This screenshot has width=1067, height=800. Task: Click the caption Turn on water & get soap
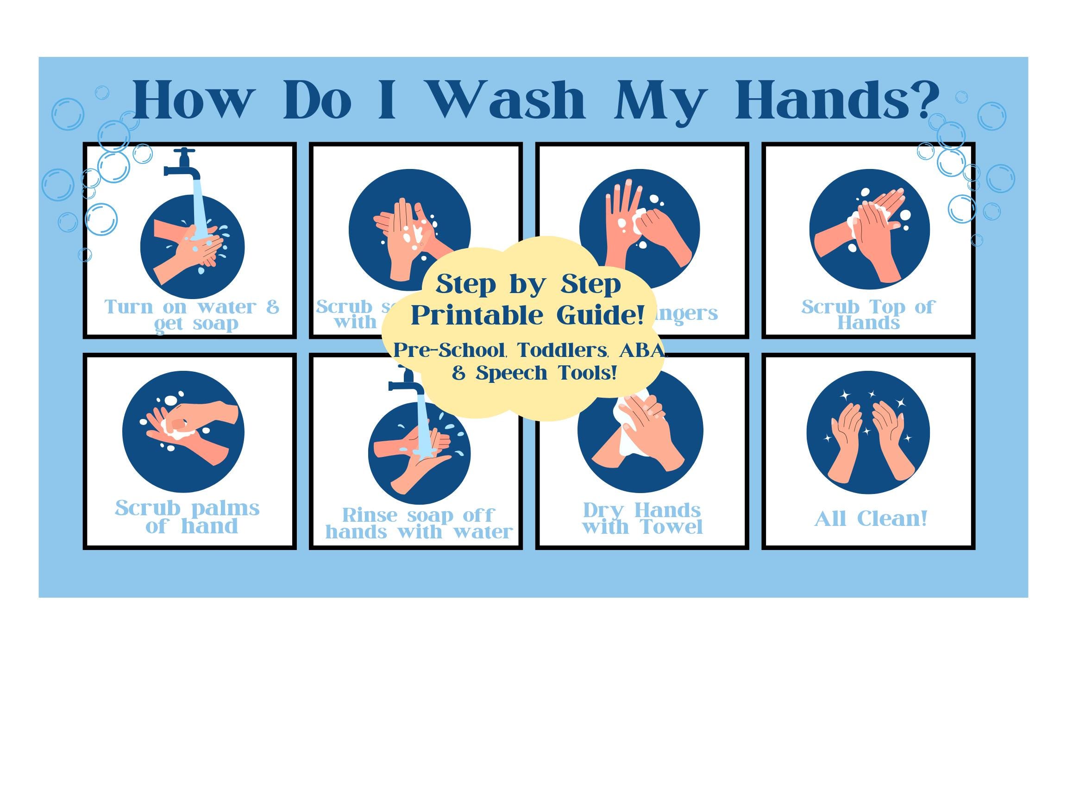[x=192, y=315]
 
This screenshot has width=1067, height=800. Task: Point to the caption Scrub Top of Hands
[x=868, y=314]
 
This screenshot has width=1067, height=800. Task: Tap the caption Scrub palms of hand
[x=188, y=517]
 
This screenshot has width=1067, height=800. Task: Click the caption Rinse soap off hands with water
[x=418, y=524]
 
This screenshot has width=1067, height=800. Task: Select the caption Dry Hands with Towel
[x=642, y=519]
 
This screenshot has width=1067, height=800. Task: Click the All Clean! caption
[x=871, y=519]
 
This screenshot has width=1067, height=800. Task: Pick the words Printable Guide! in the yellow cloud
[x=528, y=315]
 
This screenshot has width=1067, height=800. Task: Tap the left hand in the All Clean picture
[x=844, y=444]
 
